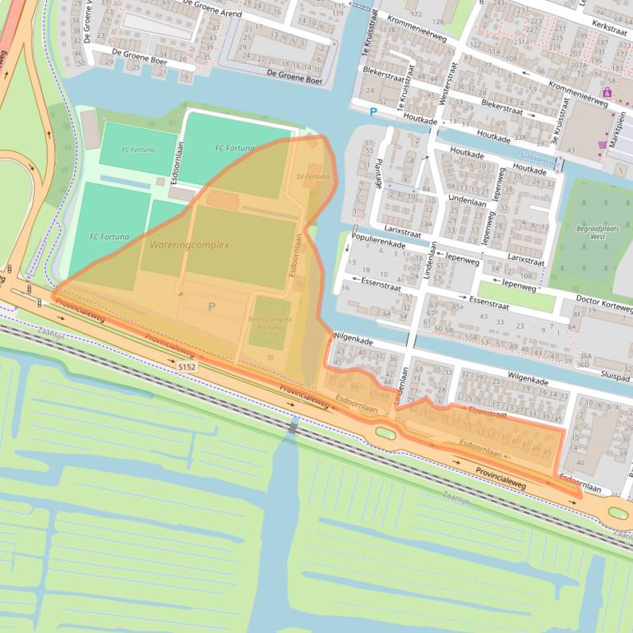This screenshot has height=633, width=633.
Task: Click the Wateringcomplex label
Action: point(189,245)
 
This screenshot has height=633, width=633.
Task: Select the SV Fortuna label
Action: point(312,177)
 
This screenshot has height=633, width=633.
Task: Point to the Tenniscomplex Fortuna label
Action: point(270,323)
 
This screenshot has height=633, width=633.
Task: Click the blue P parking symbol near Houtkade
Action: point(373,112)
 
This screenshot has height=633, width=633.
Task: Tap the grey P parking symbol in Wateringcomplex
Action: point(211,307)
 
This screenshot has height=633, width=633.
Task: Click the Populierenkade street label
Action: point(378,244)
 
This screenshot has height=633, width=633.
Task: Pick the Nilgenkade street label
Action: point(353,338)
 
